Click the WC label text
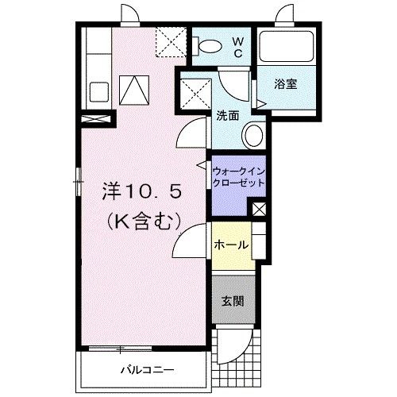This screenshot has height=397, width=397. coord(237,48)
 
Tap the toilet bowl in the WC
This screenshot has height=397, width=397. coord(210,47)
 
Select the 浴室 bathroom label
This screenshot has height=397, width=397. coord(286,84)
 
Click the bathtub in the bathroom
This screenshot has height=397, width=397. coord(287,47)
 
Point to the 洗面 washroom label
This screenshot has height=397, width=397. coord(228,116)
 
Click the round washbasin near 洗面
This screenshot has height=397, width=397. coord(254,136)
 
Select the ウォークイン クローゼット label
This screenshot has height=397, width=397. coord(238,177)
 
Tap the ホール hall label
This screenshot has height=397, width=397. coord(231,245)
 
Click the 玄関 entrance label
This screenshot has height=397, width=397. coord(233,301)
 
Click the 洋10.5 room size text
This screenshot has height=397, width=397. coord(142,191)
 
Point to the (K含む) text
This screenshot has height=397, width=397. coord(144,221)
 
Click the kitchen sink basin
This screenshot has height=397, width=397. coord(99,92)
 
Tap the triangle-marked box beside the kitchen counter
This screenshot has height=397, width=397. coord(134,91)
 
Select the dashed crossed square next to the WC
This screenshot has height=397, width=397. coord(171,41)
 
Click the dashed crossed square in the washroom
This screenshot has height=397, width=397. coord(195,94)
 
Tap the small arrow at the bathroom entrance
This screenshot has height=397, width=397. coord(261,104)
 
